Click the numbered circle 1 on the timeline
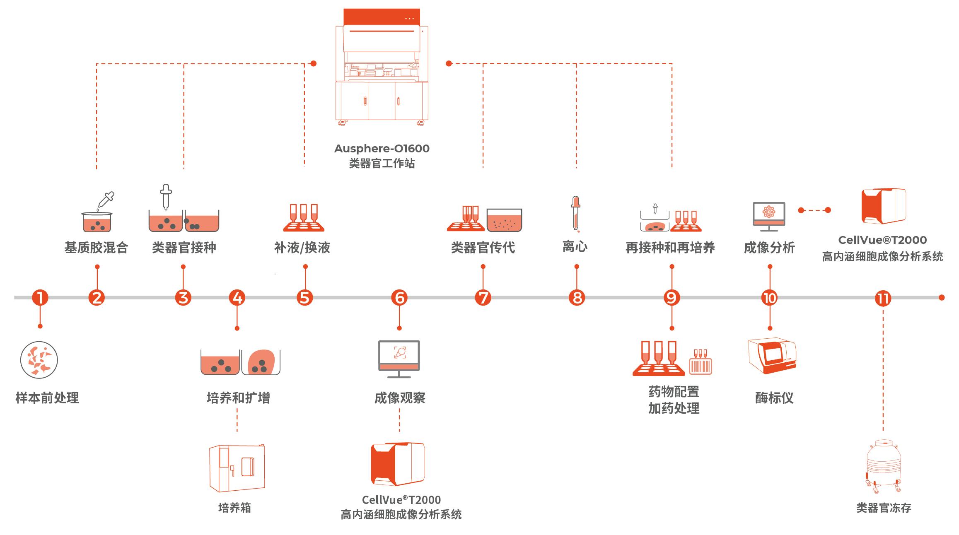point(40,297)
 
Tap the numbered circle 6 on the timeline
point(399,297)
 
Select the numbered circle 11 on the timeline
point(883,298)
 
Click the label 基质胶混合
point(96,248)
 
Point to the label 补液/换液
point(302,248)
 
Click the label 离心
point(575,247)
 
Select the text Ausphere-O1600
point(382,148)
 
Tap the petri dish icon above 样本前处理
point(39,360)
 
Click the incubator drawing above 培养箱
point(237,468)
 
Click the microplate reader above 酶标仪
point(772,355)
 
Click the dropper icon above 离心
point(575,214)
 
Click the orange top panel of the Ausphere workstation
point(382,17)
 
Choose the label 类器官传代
point(483,248)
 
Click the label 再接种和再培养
point(670,248)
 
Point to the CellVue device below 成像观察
point(398,464)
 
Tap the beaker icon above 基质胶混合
point(97,222)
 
